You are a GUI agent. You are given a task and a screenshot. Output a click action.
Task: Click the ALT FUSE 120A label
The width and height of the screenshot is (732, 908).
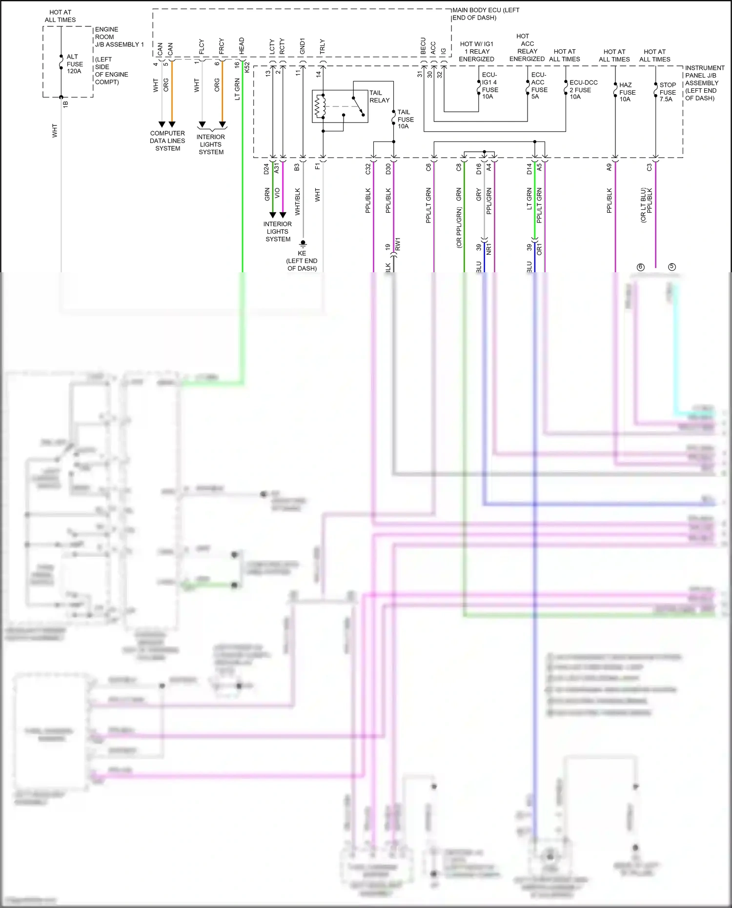click(x=74, y=64)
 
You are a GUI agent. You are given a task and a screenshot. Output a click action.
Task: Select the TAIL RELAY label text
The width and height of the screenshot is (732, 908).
click(x=379, y=97)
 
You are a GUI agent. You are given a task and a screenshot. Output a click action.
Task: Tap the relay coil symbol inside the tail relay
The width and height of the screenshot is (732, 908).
click(x=320, y=106)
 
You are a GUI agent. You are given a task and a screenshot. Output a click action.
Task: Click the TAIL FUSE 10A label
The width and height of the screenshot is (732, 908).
click(x=405, y=119)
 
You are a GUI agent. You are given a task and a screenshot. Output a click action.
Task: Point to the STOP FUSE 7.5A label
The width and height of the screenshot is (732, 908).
click(x=667, y=92)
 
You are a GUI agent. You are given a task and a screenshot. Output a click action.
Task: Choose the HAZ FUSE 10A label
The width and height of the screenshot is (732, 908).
click(x=627, y=92)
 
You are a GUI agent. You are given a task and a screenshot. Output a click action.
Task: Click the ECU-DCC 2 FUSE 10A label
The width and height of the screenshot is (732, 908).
click(x=583, y=90)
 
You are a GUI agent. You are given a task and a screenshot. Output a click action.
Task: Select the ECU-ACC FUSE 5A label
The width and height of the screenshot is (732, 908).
click(x=539, y=86)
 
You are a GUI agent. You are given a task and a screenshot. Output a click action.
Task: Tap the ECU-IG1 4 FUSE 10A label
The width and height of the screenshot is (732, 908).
click(x=490, y=86)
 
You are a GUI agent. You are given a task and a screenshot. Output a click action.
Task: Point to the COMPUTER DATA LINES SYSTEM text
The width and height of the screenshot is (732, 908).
click(x=167, y=141)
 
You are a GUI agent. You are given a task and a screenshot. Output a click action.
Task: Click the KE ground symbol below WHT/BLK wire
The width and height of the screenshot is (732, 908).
click(x=303, y=243)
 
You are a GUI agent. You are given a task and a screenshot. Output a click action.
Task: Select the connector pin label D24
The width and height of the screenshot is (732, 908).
click(x=266, y=169)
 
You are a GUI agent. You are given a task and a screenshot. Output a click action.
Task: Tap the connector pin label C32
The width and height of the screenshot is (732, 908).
click(x=368, y=169)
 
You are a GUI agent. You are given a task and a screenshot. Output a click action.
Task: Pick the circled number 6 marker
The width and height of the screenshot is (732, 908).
click(x=641, y=267)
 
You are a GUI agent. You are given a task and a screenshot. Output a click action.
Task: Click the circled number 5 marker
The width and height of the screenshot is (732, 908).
click(x=672, y=267)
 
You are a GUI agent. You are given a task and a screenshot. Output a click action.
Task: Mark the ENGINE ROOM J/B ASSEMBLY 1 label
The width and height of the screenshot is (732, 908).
click(x=119, y=37)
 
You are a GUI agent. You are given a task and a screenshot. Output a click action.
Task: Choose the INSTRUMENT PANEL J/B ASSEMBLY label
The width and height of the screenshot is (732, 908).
click(x=704, y=83)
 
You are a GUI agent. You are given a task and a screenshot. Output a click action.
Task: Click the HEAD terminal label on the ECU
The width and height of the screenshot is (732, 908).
click(x=242, y=46)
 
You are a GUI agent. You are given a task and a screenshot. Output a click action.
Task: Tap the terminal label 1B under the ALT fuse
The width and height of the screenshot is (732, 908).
click(x=65, y=103)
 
